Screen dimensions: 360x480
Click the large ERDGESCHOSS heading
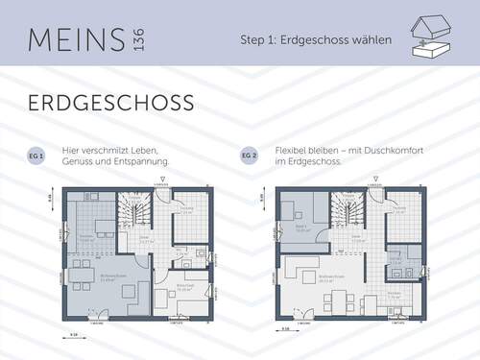click(x=111, y=103)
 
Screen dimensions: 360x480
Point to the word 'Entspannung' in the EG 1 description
click(x=143, y=161)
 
